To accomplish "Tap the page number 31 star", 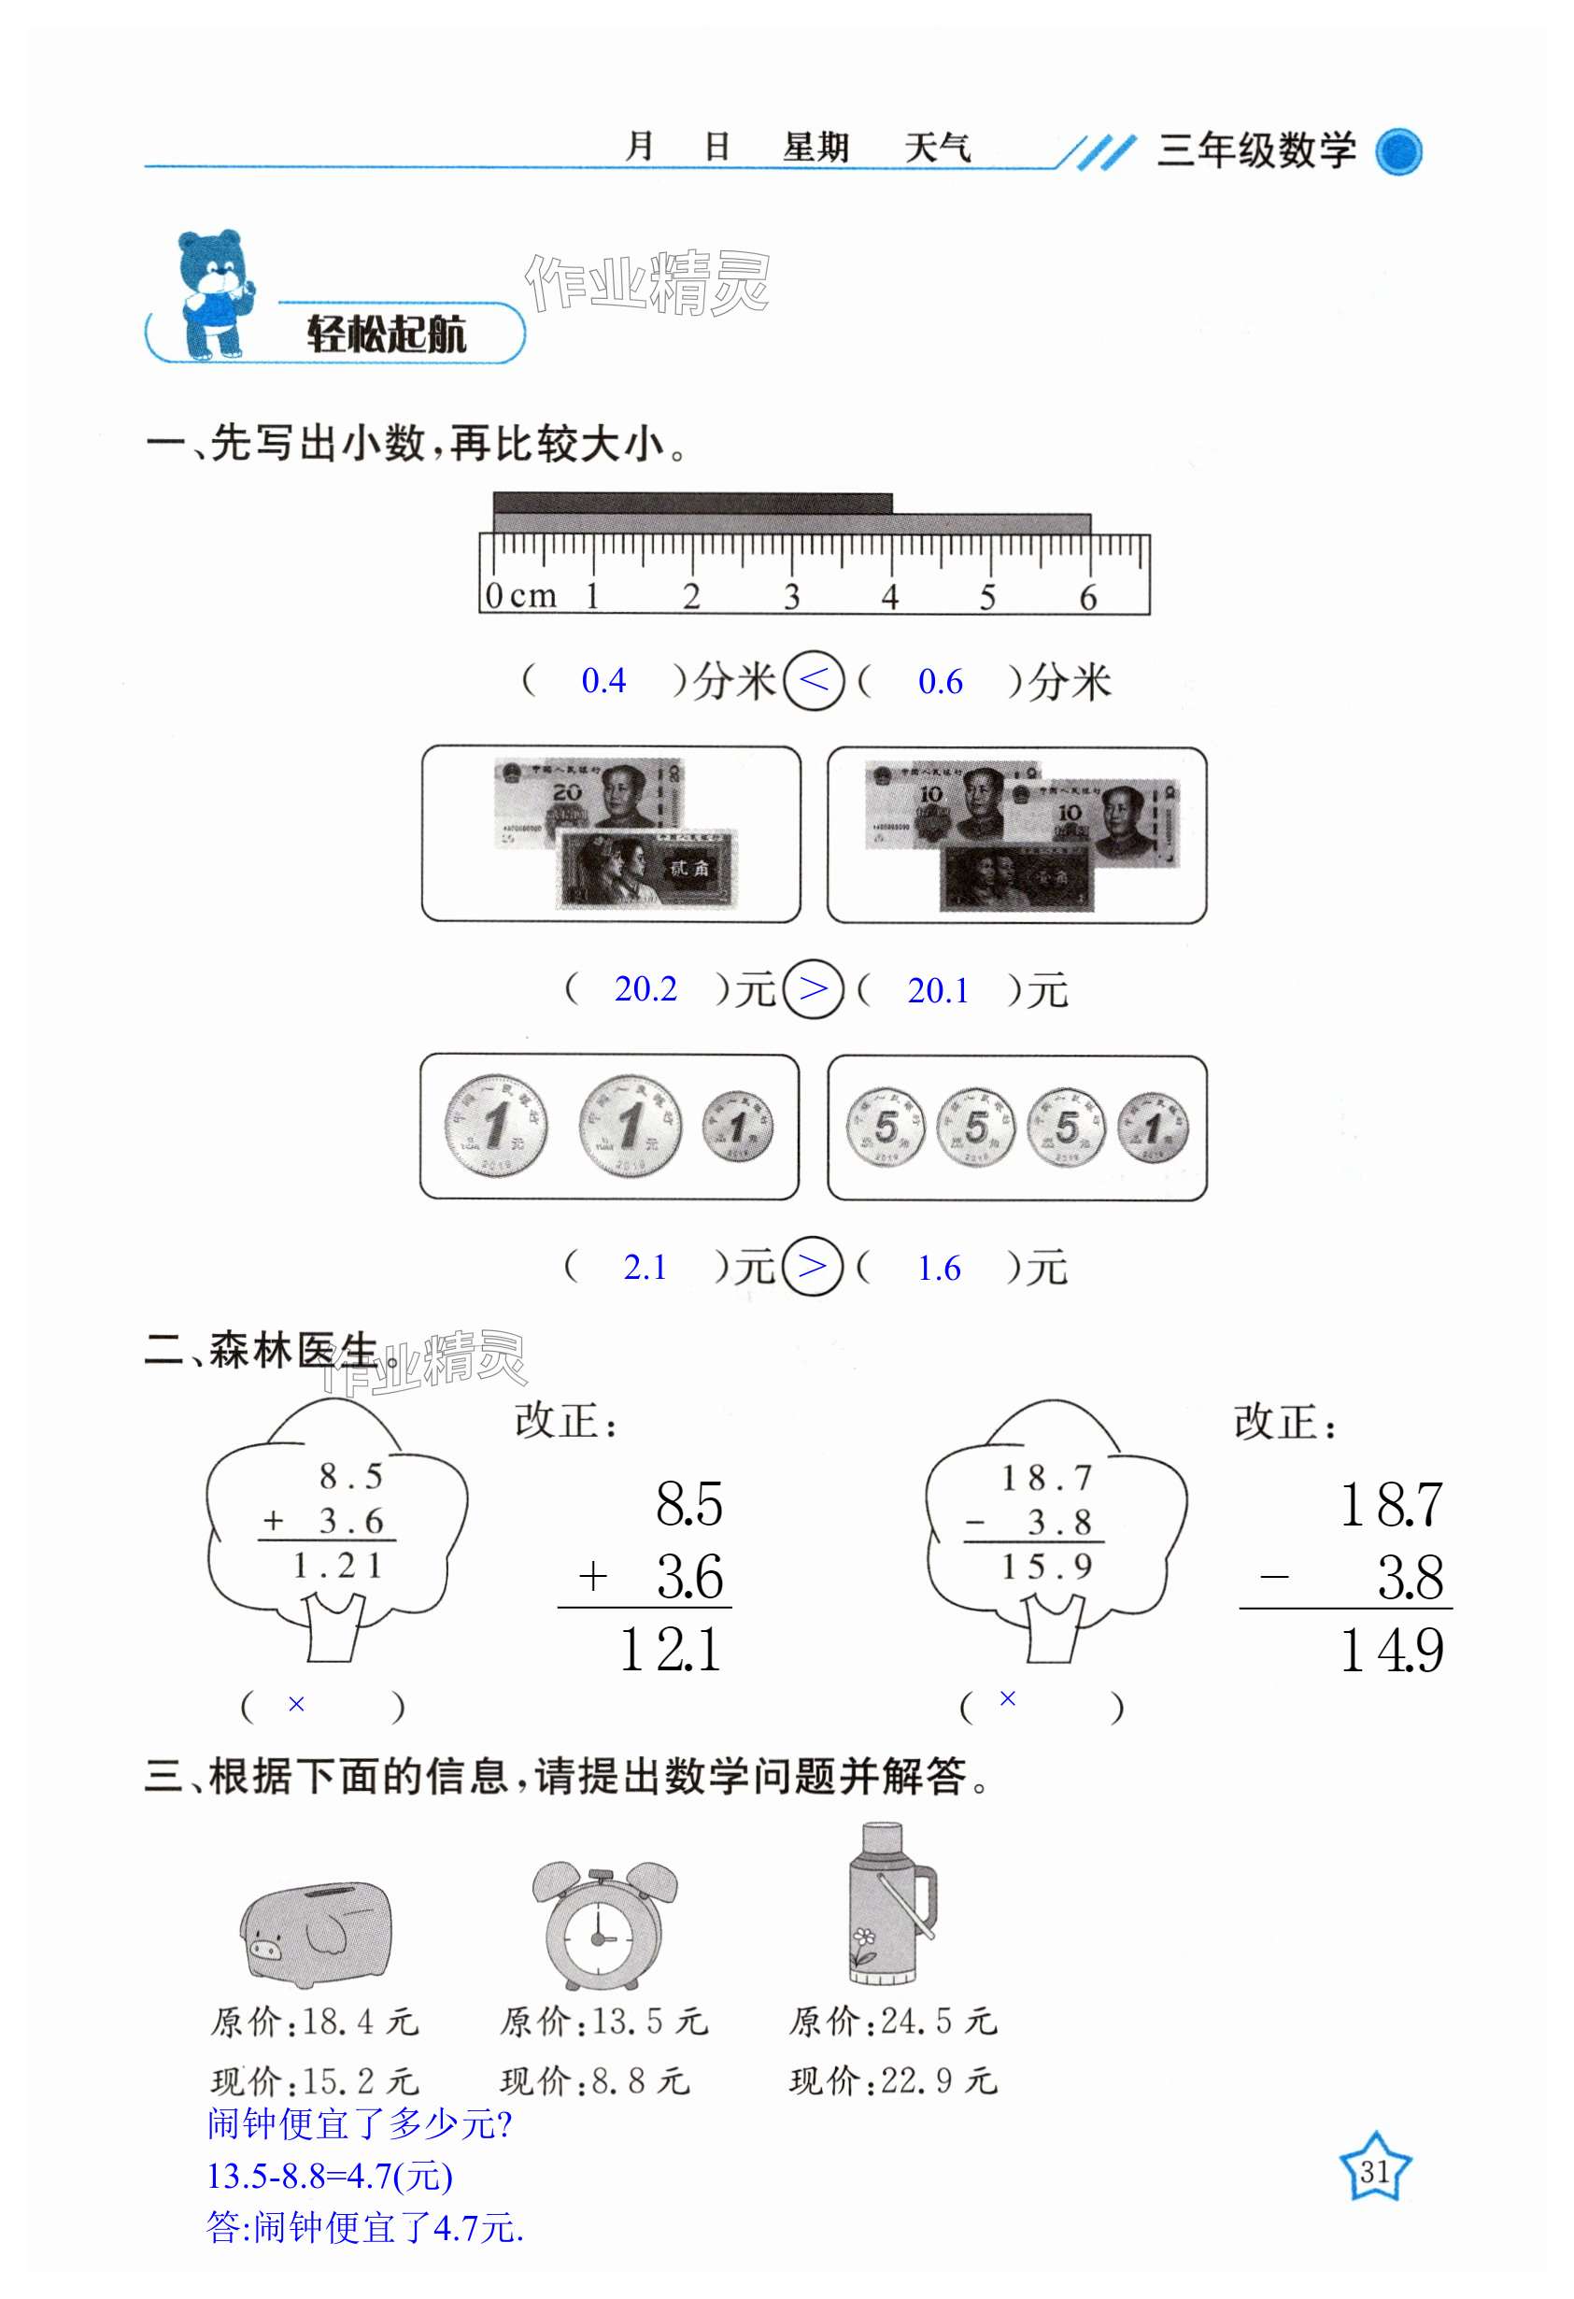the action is tap(1374, 2171).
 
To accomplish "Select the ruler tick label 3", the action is tap(790, 597).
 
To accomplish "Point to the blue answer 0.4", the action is tap(603, 681).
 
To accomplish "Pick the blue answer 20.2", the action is tap(645, 988).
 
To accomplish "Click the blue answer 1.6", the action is tap(938, 1269).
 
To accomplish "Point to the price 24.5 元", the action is tap(938, 2022).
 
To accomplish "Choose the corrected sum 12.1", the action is tap(671, 1650).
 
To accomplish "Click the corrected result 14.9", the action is tap(1391, 1650).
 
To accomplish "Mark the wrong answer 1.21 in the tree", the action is tap(336, 1565).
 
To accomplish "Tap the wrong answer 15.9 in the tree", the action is tap(1045, 1566).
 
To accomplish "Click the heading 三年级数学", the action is tap(1255, 150).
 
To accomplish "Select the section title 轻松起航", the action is tap(386, 334).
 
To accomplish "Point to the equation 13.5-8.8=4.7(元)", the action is tap(330, 2176).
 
